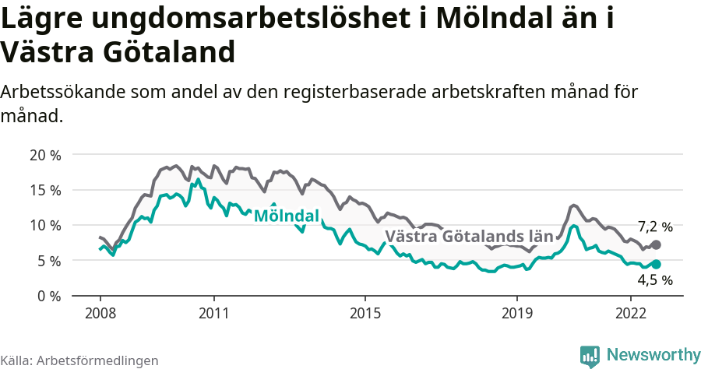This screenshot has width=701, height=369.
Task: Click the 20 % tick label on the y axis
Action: coord(45,154)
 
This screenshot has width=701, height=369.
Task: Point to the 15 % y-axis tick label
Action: coord(45,190)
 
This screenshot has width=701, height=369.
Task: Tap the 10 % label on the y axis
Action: coord(45,225)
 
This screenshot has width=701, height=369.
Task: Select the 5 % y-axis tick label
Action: coord(49,261)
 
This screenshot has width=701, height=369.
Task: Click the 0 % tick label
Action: coord(49,296)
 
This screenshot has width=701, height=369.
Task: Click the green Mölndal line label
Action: coord(286,216)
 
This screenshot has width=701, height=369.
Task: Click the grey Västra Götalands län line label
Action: coord(469,236)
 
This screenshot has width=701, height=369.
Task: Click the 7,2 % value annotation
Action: coord(655,227)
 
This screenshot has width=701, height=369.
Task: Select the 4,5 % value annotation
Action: coord(655,279)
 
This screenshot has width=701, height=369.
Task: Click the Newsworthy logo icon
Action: coord(590,355)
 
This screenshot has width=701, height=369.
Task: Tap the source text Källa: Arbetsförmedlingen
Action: coord(79,360)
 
